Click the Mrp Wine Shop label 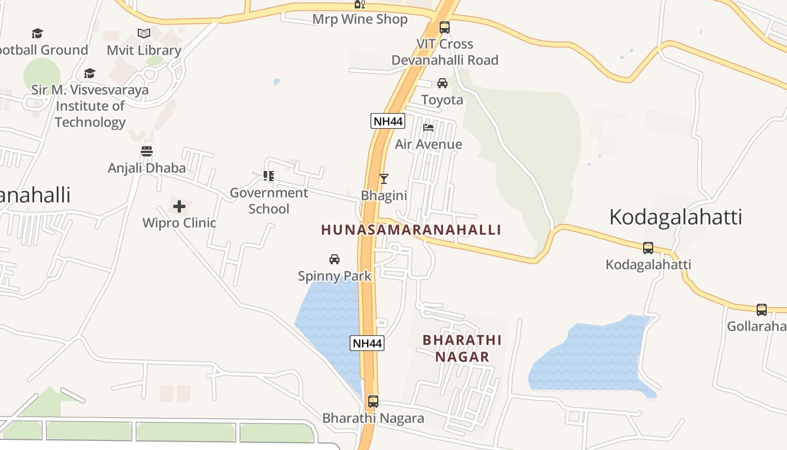click(x=360, y=19)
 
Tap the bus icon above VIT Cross click(x=444, y=27)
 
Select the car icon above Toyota click(x=442, y=83)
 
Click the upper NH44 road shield click(x=388, y=121)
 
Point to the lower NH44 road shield click(x=367, y=343)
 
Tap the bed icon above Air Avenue click(x=428, y=127)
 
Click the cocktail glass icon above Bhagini click(x=384, y=179)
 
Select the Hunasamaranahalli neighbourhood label click(x=411, y=229)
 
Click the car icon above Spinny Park click(x=334, y=259)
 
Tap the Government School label click(x=269, y=201)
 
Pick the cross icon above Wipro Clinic click(x=179, y=206)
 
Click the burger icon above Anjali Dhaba click(x=147, y=151)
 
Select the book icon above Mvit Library click(x=144, y=33)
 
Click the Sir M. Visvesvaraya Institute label click(x=90, y=105)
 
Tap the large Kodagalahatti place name click(x=676, y=217)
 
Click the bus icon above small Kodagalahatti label click(x=648, y=247)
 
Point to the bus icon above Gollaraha click(x=762, y=309)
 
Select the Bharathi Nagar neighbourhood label click(x=462, y=348)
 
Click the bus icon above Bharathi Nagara click(x=373, y=402)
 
